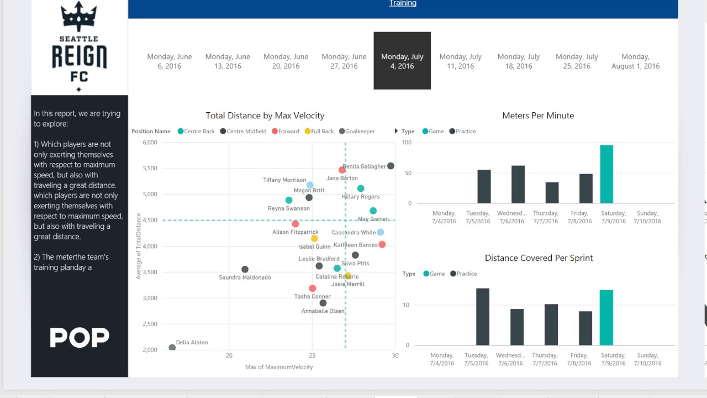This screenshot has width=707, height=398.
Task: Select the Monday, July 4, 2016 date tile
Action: click(x=402, y=61)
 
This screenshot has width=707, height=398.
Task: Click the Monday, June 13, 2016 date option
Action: click(x=228, y=61)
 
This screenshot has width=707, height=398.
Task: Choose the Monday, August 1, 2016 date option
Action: click(x=635, y=61)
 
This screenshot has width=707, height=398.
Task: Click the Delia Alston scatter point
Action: click(x=172, y=348)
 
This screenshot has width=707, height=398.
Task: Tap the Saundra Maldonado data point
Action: click(x=245, y=270)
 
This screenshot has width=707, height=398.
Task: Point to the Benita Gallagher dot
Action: click(x=391, y=166)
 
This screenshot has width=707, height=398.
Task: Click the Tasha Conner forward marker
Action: click(x=313, y=289)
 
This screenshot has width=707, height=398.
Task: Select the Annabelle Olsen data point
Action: click(x=323, y=303)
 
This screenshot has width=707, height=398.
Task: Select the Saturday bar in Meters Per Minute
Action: click(x=606, y=174)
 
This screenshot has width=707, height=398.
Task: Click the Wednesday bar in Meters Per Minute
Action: click(x=518, y=184)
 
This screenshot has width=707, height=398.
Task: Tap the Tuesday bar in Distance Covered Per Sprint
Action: click(x=483, y=317)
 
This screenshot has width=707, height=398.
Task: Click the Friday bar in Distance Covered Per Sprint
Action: click(x=585, y=328)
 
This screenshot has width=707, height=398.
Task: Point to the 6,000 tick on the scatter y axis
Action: click(x=149, y=143)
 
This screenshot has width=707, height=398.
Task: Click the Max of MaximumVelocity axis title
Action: click(x=279, y=367)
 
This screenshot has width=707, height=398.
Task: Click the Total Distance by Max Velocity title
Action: click(x=265, y=116)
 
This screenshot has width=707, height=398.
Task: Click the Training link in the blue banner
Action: click(x=403, y=3)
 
